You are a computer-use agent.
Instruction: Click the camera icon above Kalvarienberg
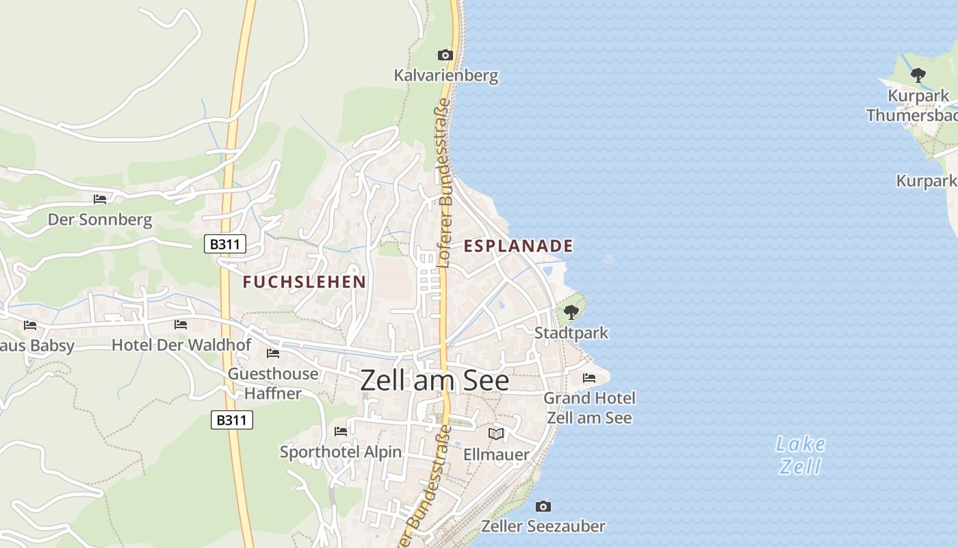click(x=445, y=55)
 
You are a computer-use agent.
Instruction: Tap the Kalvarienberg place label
click(x=446, y=75)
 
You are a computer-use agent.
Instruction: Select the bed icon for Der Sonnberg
click(x=100, y=199)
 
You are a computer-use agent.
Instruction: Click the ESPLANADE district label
click(x=518, y=246)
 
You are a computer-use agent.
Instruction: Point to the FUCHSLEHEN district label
click(x=305, y=282)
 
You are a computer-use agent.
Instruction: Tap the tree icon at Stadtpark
click(x=571, y=313)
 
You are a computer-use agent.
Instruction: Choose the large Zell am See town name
click(x=435, y=381)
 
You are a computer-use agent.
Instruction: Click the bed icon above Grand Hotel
click(x=589, y=378)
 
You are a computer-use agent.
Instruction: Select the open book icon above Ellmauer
click(x=496, y=434)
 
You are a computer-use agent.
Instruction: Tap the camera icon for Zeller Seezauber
click(x=543, y=506)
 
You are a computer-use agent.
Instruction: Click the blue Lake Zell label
click(x=801, y=456)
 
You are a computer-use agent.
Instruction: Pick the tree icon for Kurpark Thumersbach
click(x=918, y=74)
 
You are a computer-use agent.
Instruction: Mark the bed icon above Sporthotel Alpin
click(x=341, y=432)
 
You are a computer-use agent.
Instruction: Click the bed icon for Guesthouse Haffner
click(x=273, y=353)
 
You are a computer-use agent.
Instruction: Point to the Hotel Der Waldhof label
click(x=181, y=345)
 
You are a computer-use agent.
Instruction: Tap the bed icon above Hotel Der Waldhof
click(x=181, y=325)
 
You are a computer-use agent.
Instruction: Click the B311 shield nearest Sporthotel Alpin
click(x=232, y=420)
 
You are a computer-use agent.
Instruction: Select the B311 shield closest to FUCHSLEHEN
click(x=224, y=244)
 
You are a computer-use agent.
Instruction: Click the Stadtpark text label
click(x=571, y=334)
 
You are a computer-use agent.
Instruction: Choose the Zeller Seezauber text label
click(x=543, y=526)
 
